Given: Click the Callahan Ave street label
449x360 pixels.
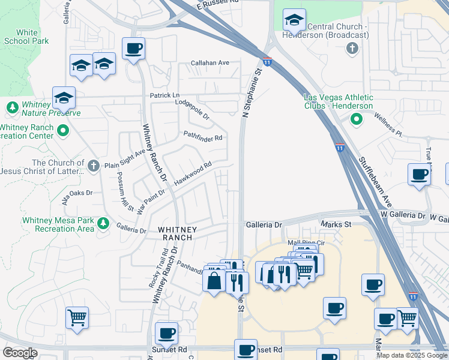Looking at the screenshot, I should [x=210, y=62].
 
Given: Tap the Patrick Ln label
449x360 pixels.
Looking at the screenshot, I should [x=164, y=95].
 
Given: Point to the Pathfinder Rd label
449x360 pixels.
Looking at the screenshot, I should [x=203, y=137].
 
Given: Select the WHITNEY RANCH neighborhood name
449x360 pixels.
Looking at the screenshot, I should [x=175, y=233].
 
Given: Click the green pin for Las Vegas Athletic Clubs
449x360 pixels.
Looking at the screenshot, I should [x=357, y=119].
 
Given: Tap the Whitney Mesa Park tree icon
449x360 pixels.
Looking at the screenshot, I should [x=104, y=224].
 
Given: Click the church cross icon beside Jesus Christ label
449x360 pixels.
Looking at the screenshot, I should [x=93, y=165].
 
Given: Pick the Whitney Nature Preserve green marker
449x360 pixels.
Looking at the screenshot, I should [x=12, y=107].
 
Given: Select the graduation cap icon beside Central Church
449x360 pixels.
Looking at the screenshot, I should [x=294, y=22].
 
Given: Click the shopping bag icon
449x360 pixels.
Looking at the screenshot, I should [x=214, y=280].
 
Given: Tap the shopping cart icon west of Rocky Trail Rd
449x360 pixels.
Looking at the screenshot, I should [x=77, y=317].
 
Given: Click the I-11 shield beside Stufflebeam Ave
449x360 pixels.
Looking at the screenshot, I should [x=340, y=147].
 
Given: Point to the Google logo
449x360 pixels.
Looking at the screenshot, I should [x=20, y=353].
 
